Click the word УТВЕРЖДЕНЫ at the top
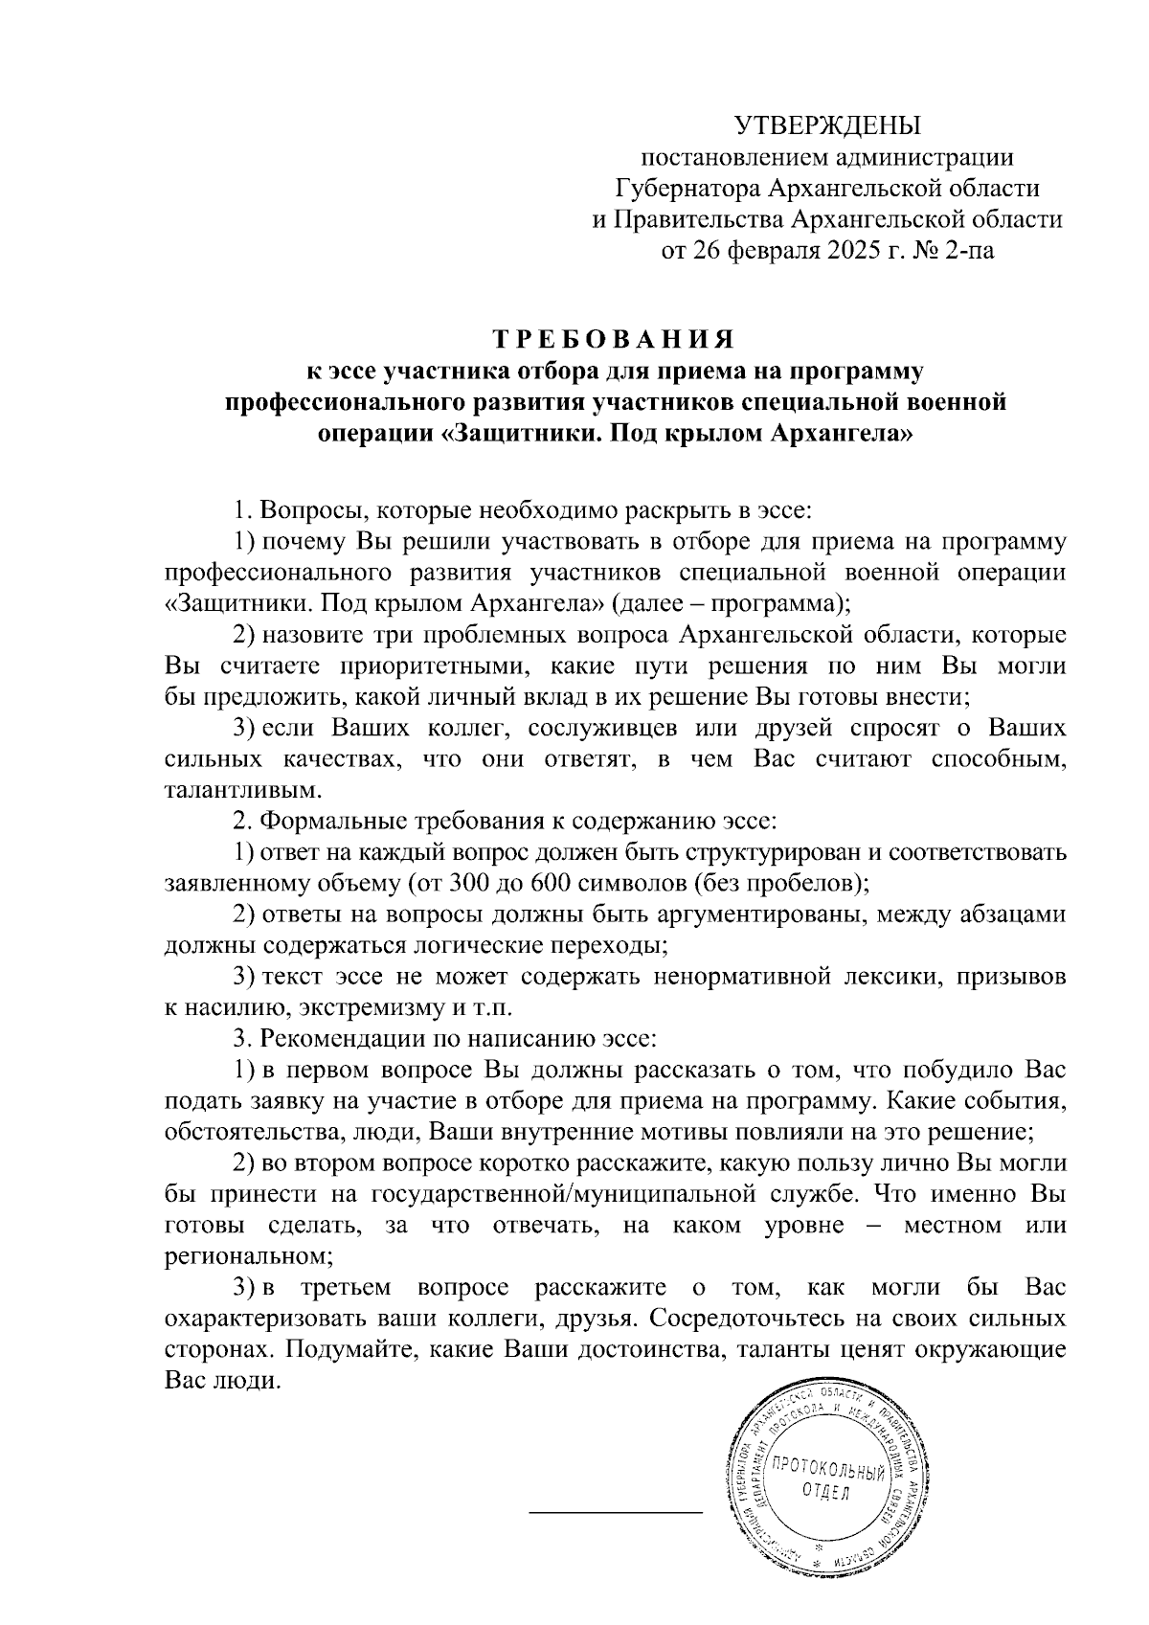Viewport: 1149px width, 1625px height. (826, 125)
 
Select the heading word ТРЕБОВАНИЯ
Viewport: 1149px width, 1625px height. (614, 341)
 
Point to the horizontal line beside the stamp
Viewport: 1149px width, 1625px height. (616, 1512)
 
